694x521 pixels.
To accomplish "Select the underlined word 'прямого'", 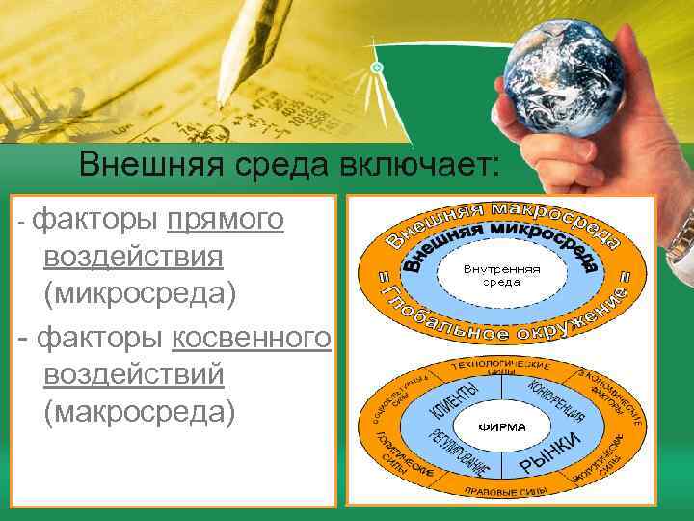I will [x=225, y=220].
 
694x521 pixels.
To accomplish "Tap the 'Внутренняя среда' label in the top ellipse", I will [x=501, y=275].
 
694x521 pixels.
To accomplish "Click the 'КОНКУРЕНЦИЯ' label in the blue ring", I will [x=557, y=401].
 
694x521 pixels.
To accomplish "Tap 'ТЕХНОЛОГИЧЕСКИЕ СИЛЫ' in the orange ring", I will [x=501, y=370].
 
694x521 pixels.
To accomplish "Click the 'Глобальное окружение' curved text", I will [x=501, y=323].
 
